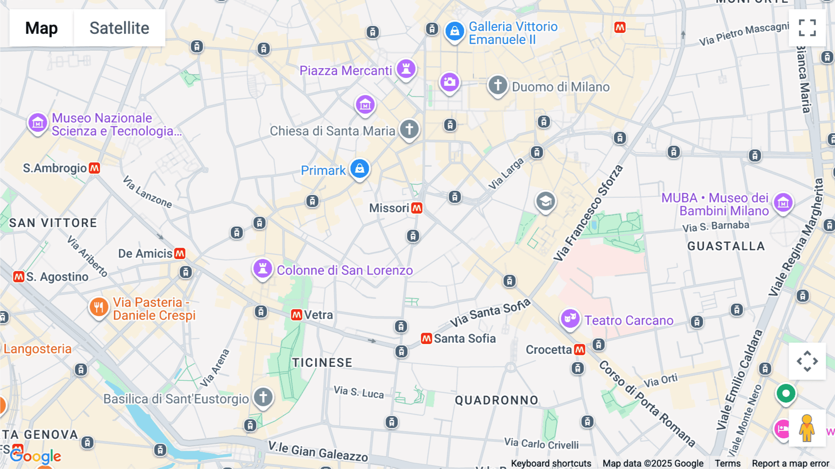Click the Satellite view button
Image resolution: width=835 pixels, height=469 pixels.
tap(119, 28)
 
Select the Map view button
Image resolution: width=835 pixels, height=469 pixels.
tap(41, 28)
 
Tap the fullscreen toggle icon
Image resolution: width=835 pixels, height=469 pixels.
tap(807, 28)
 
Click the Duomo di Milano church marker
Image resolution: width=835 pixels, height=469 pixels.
tap(498, 85)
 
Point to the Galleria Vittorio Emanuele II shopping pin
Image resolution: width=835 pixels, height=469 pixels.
tap(455, 32)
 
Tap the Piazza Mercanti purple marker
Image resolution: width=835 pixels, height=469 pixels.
tap(406, 69)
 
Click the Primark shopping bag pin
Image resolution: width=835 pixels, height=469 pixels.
tap(360, 169)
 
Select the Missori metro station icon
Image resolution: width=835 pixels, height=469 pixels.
tap(417, 208)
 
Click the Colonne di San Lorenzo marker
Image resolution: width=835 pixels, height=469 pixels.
tap(263, 269)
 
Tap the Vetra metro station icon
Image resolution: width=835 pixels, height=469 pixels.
tap(296, 315)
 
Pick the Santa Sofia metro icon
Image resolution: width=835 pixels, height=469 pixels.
tap(426, 339)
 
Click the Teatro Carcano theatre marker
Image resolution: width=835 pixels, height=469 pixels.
tap(570, 319)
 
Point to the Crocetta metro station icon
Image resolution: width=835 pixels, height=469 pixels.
tap(579, 350)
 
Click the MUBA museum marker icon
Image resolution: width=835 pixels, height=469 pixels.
tap(783, 202)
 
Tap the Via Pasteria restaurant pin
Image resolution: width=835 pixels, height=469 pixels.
tap(98, 307)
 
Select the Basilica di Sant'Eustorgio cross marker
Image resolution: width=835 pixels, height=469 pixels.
tap(263, 397)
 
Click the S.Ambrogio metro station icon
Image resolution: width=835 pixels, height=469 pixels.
tap(95, 168)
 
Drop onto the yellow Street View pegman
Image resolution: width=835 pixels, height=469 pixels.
tap(807, 428)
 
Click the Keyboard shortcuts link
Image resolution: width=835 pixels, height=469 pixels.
tap(551, 463)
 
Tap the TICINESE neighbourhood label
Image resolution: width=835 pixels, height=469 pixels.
tap(322, 363)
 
